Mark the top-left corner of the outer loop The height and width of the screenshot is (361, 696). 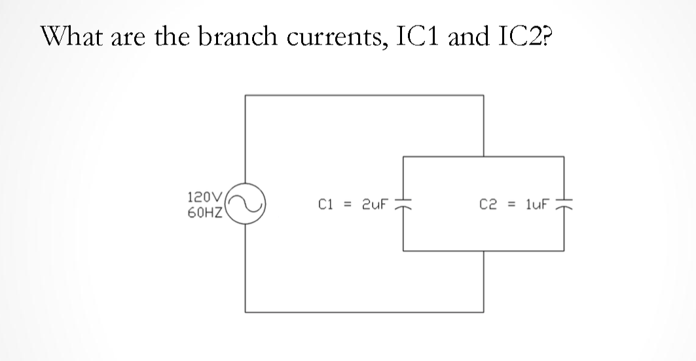246,96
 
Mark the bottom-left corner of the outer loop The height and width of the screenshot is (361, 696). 246,313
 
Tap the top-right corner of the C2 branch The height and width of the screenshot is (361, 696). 564,157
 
